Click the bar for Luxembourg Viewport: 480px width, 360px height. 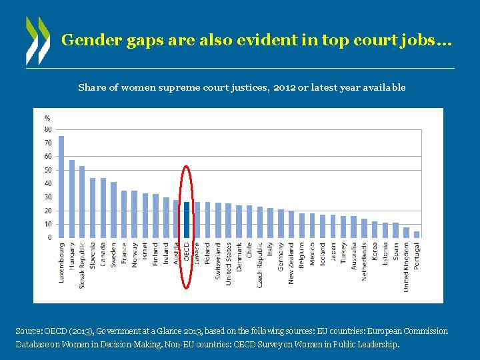coord(61,187)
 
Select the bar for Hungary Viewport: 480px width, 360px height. coord(72,199)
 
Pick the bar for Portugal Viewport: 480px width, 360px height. coord(417,235)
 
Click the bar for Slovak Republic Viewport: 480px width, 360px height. coord(82,201)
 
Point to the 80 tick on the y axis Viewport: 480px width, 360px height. coord(48,129)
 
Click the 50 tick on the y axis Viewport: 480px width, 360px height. coord(48,170)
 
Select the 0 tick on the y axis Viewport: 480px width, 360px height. coord(49,237)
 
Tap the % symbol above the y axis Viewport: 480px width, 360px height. coord(47,118)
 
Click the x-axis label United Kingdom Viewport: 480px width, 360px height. coord(407,266)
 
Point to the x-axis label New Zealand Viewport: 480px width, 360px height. coord(291,263)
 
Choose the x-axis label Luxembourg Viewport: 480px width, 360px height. coord(62,262)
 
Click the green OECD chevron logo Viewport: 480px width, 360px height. coord(37,40)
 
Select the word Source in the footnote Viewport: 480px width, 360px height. coord(28,331)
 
